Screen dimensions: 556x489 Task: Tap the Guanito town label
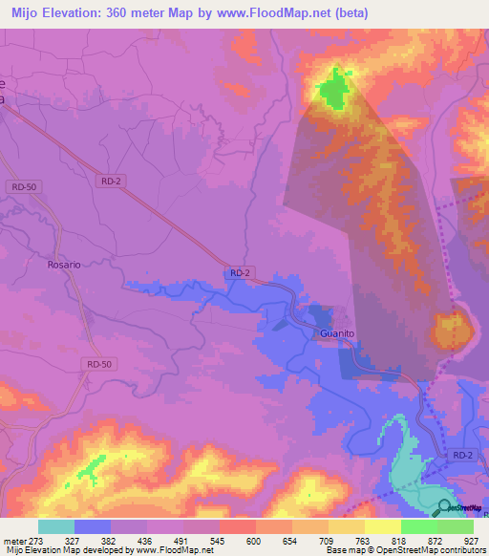[336, 333]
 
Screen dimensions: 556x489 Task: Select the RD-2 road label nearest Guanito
[240, 273]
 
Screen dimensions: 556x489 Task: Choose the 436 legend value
[146, 541]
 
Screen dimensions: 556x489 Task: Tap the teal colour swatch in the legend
[56, 526]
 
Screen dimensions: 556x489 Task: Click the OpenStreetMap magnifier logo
[445, 507]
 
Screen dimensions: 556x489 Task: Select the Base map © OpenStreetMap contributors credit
[405, 550]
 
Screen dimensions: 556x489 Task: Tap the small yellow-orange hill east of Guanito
[451, 331]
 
